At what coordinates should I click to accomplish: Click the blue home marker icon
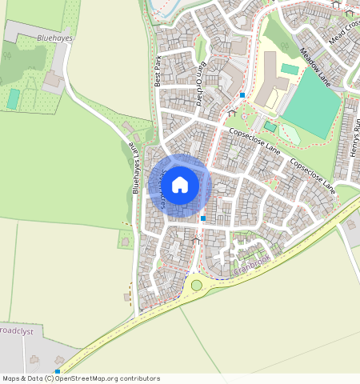(180, 186)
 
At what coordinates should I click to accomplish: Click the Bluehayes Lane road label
(137, 169)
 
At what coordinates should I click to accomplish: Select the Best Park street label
(158, 71)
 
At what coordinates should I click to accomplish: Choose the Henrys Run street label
(354, 137)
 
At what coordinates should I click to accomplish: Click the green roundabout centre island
(196, 285)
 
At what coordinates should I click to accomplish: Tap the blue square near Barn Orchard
(242, 95)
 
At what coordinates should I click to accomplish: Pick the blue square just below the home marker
(203, 218)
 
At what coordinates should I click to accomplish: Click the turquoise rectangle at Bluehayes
(13, 99)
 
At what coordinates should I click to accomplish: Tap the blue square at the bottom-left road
(58, 371)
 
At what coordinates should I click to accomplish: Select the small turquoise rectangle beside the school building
(289, 70)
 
